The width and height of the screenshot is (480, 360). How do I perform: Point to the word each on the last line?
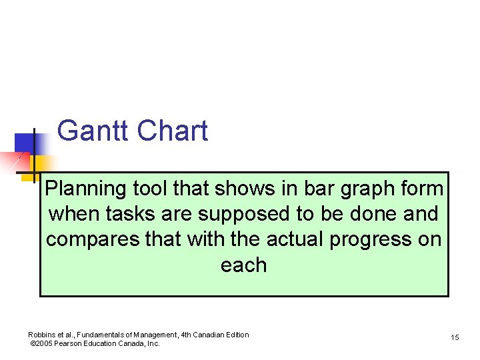[243, 265]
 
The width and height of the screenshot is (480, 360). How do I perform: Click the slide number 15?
[455, 338]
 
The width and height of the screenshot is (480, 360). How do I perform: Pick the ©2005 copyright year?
[43, 344]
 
